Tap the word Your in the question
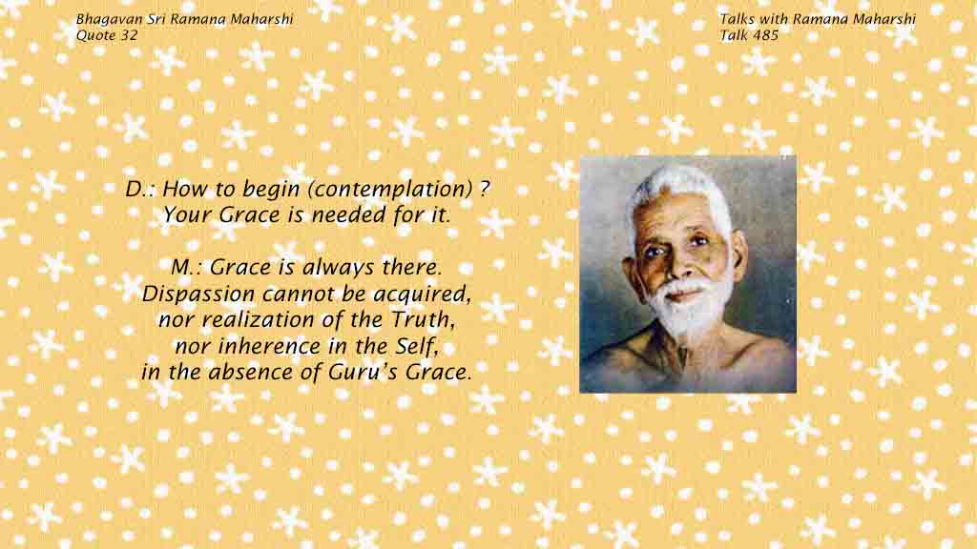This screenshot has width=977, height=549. click(190, 214)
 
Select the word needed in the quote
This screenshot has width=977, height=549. click(349, 214)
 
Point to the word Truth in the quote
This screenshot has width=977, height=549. click(423, 320)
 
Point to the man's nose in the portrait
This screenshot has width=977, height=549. click(678, 265)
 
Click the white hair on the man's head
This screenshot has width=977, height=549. click(682, 187)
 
